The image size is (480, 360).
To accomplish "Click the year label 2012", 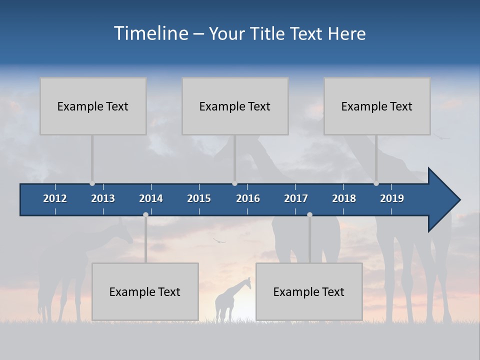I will click(55, 198).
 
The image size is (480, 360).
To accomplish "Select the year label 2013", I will click(103, 198).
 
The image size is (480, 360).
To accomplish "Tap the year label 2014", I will click(151, 198).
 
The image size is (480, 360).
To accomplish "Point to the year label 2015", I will click(199, 198).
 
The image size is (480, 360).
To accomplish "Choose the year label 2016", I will click(248, 198).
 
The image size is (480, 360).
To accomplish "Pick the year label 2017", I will click(296, 198).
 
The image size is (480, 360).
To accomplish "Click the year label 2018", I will click(344, 198).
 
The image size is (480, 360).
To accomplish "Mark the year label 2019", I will click(392, 198).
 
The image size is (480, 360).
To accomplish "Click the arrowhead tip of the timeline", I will click(459, 200).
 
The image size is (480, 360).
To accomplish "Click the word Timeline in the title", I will click(151, 33).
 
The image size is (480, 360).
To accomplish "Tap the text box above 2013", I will click(93, 106).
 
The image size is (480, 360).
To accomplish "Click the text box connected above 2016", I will click(235, 106).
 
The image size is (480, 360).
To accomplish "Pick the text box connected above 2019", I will click(377, 106).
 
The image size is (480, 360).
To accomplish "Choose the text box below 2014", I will click(145, 291).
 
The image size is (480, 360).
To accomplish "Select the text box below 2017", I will click(309, 291).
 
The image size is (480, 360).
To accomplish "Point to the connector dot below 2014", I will click(145, 215).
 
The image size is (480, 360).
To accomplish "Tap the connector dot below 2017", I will click(309, 215).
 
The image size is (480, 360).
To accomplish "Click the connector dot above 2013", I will click(92, 183).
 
